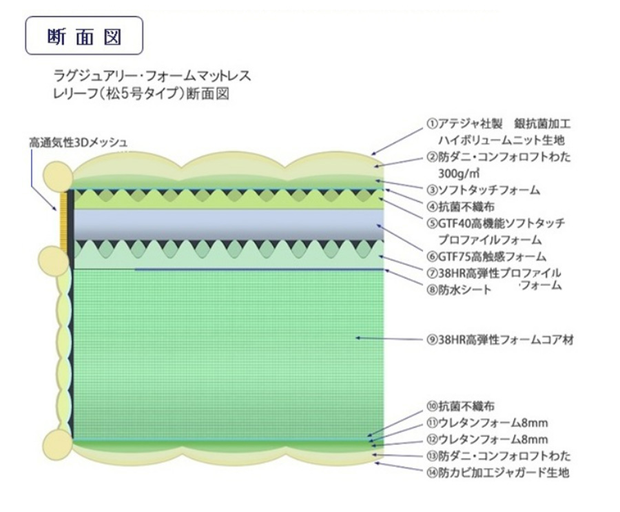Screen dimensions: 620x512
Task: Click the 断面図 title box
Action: point(84,35)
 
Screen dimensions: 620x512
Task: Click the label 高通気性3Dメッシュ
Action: point(78,143)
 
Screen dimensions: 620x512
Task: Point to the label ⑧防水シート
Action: point(459,290)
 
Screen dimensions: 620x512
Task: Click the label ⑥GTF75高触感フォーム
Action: point(486,257)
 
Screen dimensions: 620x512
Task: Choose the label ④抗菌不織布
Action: point(460,207)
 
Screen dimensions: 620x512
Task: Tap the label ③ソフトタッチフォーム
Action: point(483,190)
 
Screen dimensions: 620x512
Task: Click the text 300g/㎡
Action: point(459,173)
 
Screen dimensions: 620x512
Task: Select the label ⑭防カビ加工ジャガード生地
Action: point(498,472)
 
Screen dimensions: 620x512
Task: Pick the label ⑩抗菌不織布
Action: point(460,406)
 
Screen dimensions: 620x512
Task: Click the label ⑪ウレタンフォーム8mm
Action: point(487,422)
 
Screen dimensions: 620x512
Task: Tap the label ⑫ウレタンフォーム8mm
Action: point(487,439)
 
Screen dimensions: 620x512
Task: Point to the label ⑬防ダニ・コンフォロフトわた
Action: point(499,455)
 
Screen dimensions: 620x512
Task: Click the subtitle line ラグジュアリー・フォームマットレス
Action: point(152,75)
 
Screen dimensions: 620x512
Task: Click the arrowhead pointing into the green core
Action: point(358,338)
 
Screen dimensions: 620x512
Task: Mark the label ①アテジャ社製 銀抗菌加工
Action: point(499,124)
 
